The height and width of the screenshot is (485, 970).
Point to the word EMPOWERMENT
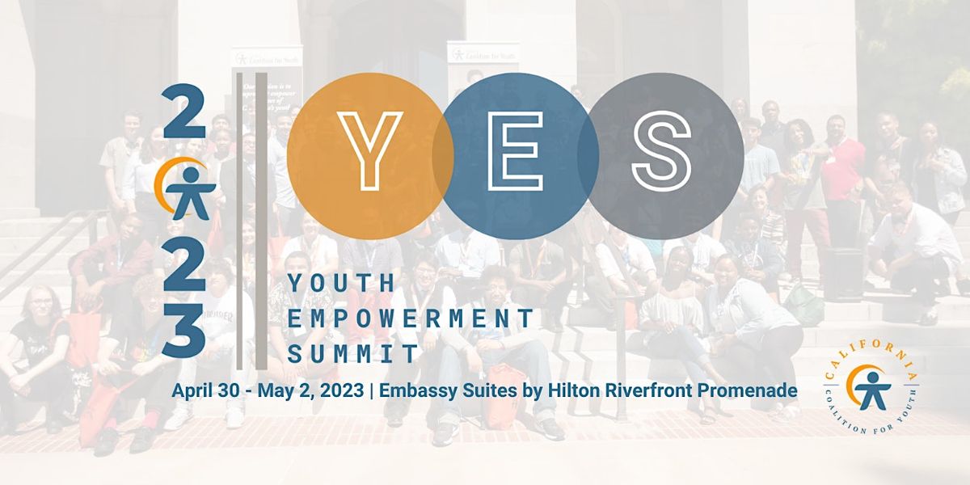pos(411,318)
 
